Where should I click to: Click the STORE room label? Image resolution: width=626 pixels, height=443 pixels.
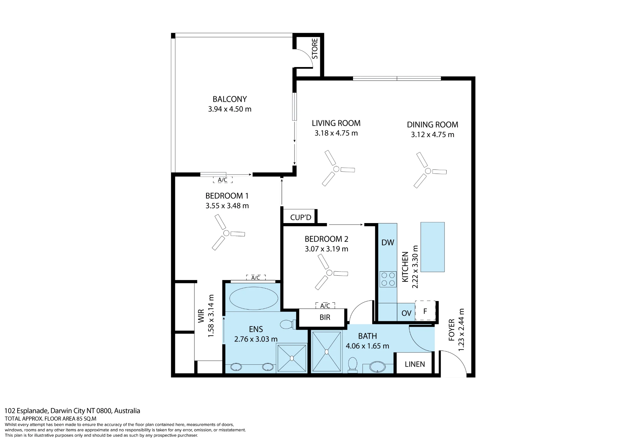[315, 49]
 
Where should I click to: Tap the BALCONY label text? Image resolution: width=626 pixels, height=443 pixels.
[230, 99]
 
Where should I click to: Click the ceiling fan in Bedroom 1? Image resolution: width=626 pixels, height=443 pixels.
[226, 233]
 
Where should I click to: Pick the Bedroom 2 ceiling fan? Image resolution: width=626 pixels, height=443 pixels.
[329, 273]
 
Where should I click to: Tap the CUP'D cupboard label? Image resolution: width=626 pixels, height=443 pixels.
[301, 217]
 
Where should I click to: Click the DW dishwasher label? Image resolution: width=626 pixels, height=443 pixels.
[388, 242]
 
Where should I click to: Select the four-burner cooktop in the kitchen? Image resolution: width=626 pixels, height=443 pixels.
[388, 279]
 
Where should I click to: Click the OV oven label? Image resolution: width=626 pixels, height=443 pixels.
[406, 313]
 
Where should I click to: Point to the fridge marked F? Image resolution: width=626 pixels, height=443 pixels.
[425, 311]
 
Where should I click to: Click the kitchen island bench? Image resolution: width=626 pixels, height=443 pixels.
[433, 247]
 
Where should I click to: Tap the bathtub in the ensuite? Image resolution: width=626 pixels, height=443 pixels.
[254, 298]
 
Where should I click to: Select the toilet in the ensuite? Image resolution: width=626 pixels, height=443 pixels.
[288, 324]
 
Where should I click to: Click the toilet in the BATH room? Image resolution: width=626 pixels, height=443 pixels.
[353, 365]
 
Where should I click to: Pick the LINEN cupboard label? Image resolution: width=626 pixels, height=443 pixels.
[415, 364]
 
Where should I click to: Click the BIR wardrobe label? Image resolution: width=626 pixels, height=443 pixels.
[325, 317]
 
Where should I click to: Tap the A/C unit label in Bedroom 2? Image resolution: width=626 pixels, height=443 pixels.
[325, 305]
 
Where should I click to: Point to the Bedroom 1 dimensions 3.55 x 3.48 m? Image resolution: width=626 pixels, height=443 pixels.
[227, 206]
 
